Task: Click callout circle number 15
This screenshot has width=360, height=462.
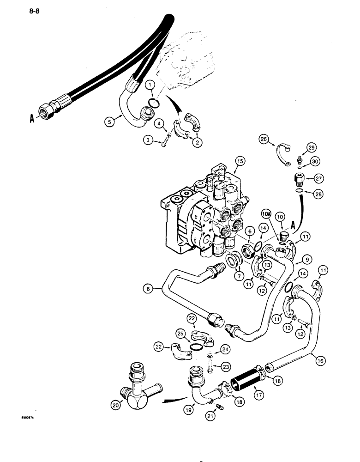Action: [239, 161]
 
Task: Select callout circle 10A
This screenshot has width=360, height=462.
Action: [266, 215]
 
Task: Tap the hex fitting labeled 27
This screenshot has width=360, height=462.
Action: [298, 177]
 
